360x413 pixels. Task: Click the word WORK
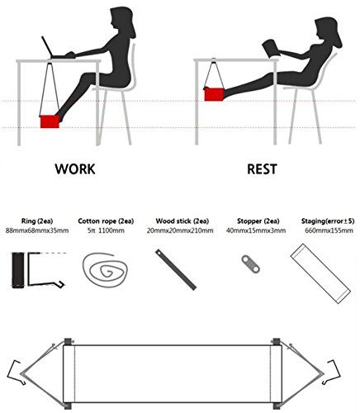pos(75,169)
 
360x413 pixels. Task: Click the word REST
pos(262,169)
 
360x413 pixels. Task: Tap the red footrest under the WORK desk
pos(50,121)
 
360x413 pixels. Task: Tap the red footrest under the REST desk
pos(214,94)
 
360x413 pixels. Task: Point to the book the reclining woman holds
pos(271,49)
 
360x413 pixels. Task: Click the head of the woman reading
pos(328,31)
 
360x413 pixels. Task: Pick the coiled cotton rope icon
pos(105,270)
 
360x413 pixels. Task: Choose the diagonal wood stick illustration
pos(176,270)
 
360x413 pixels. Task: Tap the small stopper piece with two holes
pos(251,263)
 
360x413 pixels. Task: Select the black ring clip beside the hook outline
pos(18,270)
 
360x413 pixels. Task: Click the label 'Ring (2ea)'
pos(37,221)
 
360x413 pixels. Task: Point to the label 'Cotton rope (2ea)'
pos(106,221)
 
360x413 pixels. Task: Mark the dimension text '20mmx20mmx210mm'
pos(180,230)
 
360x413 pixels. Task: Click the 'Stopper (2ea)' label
pos(258,221)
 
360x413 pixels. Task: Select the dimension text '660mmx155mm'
pos(329,230)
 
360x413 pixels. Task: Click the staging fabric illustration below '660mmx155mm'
pos(320,273)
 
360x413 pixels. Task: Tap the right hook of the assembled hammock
pos(332,372)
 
